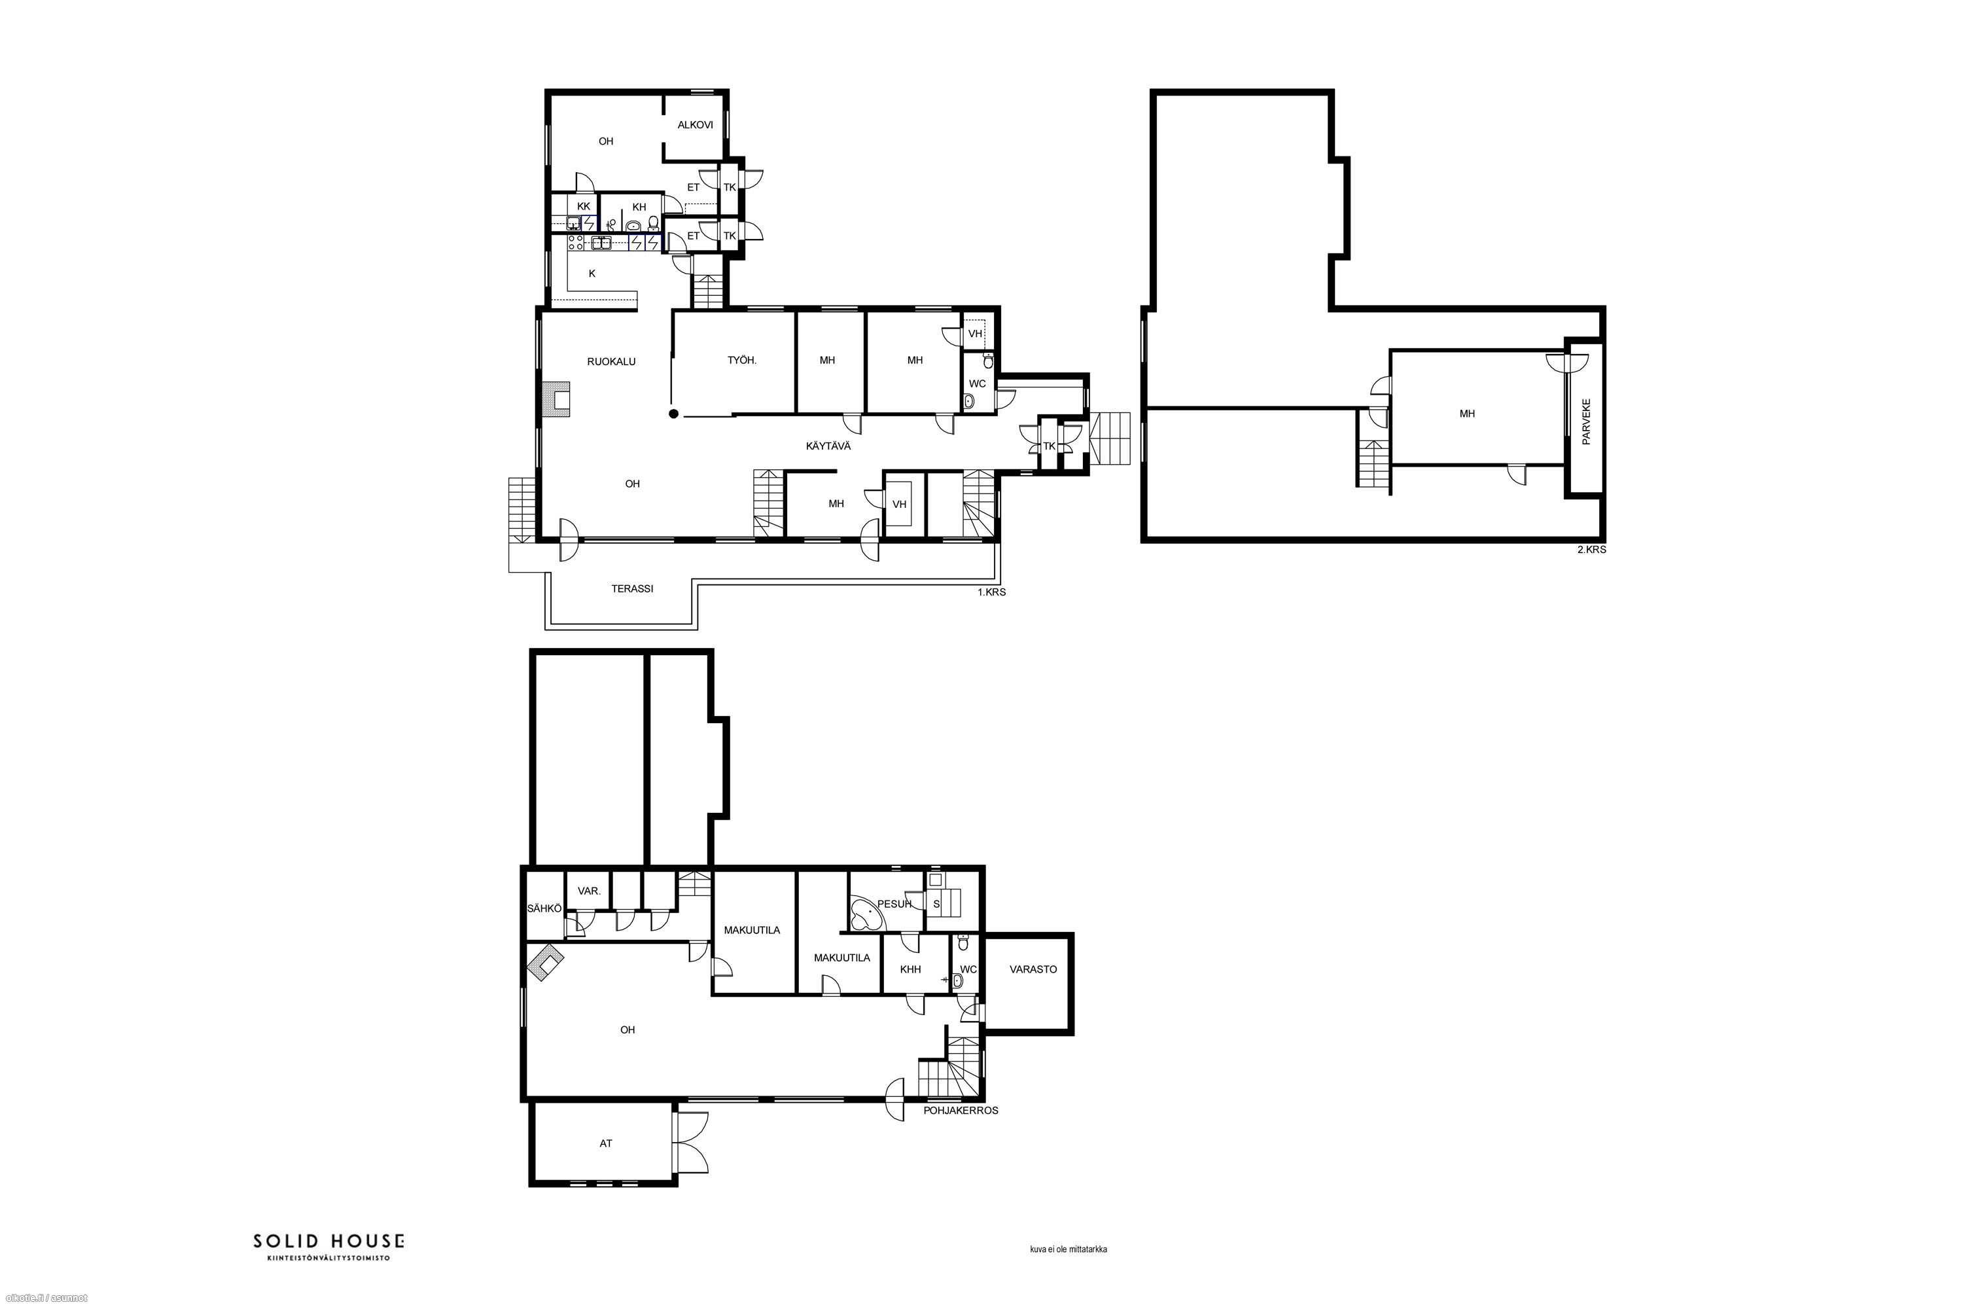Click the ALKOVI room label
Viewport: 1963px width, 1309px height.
click(x=694, y=125)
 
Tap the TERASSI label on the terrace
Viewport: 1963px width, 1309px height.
click(x=632, y=588)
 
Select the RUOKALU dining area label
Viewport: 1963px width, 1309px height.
click(x=611, y=361)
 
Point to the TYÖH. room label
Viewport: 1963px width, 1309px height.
click(x=742, y=361)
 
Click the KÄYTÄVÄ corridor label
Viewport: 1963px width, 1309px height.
click(x=828, y=446)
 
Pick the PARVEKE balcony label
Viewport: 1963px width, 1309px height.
click(x=1585, y=421)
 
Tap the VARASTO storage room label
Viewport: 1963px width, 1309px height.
click(x=1033, y=969)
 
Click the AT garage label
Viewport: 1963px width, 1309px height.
click(x=606, y=1143)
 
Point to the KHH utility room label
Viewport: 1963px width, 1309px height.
click(x=911, y=969)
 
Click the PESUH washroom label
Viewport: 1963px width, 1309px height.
click(x=894, y=903)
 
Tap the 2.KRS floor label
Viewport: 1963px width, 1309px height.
click(x=1591, y=550)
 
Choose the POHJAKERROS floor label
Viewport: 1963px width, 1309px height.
click(x=961, y=1110)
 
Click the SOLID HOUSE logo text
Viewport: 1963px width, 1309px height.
click(x=329, y=1242)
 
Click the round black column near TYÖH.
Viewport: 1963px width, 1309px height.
click(x=673, y=413)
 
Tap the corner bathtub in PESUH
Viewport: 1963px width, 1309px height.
click(x=868, y=915)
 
